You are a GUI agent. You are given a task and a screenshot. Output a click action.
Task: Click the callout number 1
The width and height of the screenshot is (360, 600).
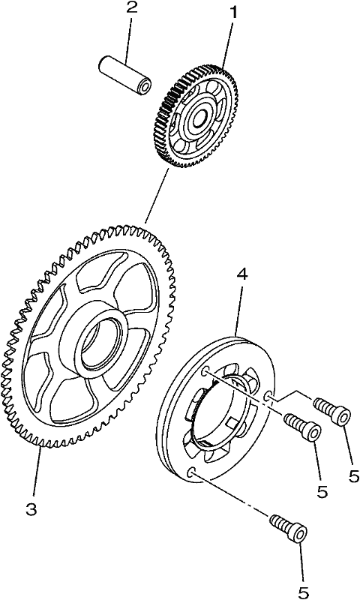[x=232, y=13]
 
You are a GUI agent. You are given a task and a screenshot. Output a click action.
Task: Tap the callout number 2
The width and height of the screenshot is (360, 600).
[x=131, y=8]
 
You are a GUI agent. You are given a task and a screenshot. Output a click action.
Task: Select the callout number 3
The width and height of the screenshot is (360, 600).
[x=31, y=509]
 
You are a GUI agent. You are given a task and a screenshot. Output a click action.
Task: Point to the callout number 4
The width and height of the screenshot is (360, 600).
[x=241, y=274]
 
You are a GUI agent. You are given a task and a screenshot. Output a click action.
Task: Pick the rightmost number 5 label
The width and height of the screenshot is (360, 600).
[x=354, y=475]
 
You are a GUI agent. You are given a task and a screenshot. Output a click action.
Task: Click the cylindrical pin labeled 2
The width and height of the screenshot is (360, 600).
[x=124, y=76]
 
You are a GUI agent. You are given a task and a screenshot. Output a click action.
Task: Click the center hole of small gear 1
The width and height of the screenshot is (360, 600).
[x=199, y=119]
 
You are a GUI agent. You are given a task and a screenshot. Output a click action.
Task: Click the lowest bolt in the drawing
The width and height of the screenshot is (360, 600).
[x=289, y=527]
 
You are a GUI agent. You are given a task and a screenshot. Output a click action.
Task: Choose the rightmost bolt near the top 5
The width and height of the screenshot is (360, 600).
[x=331, y=410]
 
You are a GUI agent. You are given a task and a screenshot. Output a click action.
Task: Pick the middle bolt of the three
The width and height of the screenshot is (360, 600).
[x=302, y=427]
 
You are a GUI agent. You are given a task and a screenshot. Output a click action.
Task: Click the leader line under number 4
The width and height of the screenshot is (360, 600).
[x=238, y=309]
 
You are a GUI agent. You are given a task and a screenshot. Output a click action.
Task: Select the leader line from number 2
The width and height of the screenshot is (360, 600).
[x=129, y=40]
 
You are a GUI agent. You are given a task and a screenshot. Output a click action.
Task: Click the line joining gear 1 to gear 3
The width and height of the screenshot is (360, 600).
[x=157, y=196]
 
